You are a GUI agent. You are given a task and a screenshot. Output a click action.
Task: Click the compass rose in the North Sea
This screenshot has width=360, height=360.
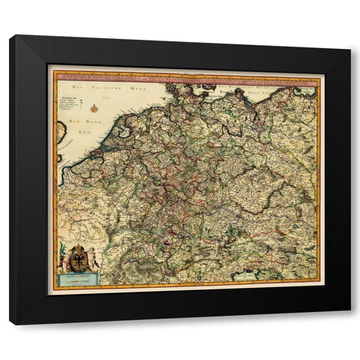point(94,109)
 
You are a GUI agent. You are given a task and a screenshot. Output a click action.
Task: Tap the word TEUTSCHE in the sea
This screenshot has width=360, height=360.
point(103,89)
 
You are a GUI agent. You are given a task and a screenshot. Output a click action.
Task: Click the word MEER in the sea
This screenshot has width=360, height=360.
point(136,89)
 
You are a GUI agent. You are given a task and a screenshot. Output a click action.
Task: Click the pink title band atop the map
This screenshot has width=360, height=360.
point(187,76)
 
